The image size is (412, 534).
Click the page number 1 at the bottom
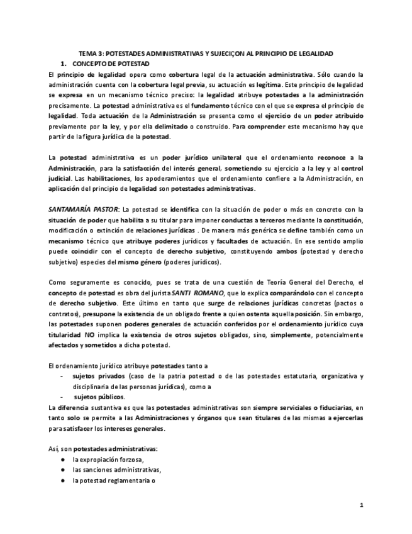tap(361, 505)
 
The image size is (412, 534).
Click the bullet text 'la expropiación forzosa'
tap(108, 460)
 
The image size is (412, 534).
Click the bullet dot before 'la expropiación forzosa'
tap(63, 460)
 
